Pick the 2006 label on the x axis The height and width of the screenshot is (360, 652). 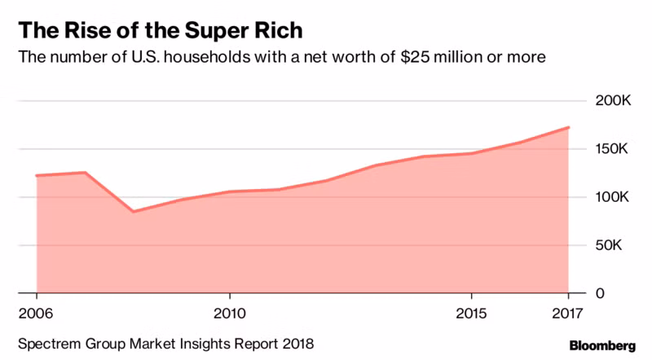(x=37, y=314)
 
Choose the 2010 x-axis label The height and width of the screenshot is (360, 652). (x=230, y=314)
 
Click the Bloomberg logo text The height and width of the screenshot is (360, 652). (x=601, y=345)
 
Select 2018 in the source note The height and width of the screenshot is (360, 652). (x=296, y=344)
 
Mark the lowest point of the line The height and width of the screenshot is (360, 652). (x=133, y=212)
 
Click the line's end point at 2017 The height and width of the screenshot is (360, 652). (x=568, y=127)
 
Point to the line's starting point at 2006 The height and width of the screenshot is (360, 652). (x=37, y=175)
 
